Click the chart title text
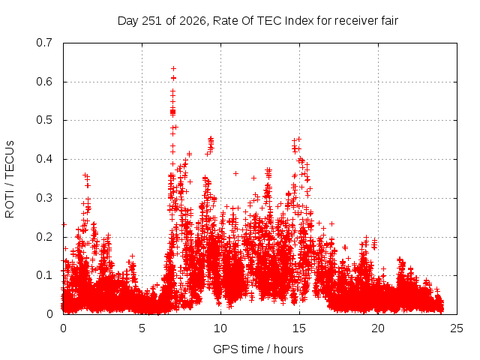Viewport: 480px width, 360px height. click(258, 21)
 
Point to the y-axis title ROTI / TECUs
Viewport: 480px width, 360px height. click(10, 179)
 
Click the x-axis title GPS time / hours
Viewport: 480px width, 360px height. click(258, 349)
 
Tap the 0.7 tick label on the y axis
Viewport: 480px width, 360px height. click(44, 43)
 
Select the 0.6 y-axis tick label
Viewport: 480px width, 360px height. click(44, 82)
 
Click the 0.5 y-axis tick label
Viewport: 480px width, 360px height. click(44, 120)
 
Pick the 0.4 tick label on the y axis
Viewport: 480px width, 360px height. click(44, 159)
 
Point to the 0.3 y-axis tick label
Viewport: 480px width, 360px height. click(44, 198)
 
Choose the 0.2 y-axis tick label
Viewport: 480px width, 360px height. click(44, 237)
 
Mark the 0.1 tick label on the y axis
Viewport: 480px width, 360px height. click(44, 275)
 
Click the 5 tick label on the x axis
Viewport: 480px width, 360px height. click(142, 328)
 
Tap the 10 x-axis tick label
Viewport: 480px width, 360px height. click(220, 328)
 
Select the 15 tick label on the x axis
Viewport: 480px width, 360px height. click(299, 328)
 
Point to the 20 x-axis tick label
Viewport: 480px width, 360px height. click(378, 328)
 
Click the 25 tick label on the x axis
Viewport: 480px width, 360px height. click(457, 328)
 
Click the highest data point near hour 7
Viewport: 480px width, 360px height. click(173, 68)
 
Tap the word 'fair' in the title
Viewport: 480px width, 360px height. click(390, 21)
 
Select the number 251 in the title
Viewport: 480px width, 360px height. click(151, 21)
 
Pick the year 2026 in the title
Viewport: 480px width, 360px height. click(193, 21)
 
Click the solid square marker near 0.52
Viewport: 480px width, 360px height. click(173, 112)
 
